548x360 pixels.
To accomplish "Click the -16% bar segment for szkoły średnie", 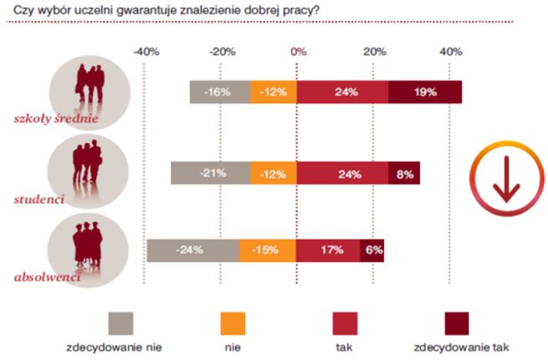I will click(219, 92).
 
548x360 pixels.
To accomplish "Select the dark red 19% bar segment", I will click(425, 92).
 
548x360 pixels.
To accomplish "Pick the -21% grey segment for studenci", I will click(210, 174).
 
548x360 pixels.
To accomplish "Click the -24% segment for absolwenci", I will click(192, 250).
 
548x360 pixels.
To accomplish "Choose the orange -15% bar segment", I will click(268, 250).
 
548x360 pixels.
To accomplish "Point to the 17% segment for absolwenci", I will click(328, 250).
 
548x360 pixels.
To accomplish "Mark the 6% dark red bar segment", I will click(372, 250).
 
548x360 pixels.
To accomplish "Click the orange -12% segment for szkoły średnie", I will click(274, 92).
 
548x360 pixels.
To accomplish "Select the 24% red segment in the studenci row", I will click(342, 174).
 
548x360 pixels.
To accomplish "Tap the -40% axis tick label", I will click(146, 52).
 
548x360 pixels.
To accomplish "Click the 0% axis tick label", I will click(298, 52).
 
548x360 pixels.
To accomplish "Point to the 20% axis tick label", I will click(375, 52).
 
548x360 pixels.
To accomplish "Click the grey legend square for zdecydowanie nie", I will click(121, 321).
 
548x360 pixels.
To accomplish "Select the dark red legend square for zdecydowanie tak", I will click(456, 321).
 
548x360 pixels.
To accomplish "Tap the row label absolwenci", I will click(48, 276).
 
